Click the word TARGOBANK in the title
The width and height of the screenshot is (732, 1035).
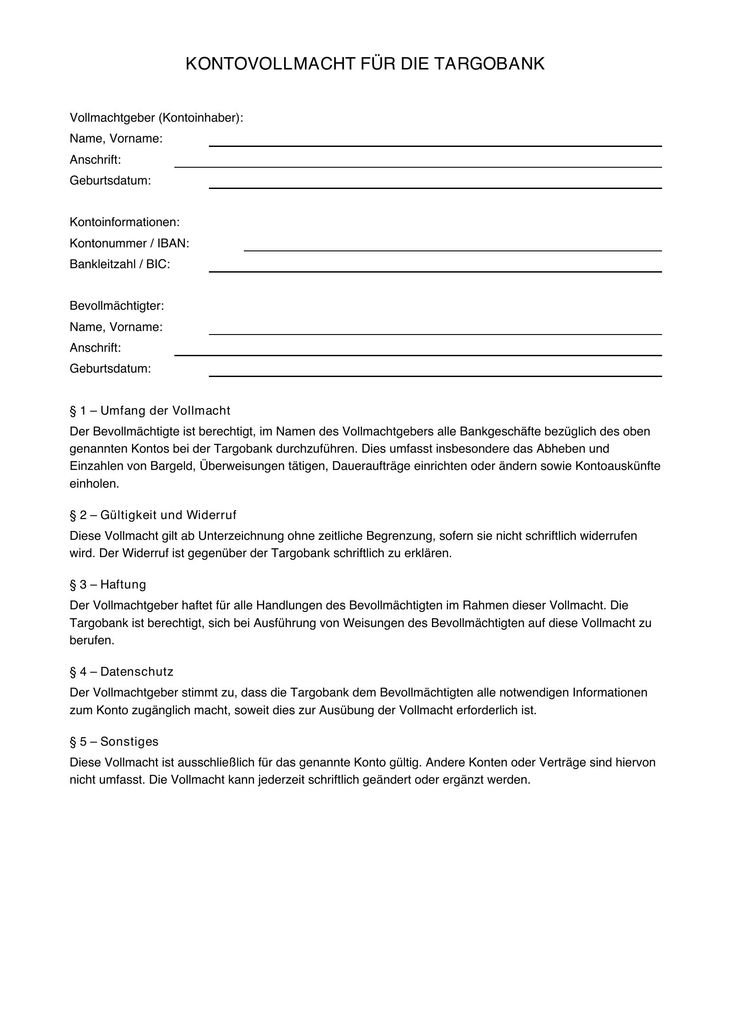(489, 64)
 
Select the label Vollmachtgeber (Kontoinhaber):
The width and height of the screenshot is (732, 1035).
(156, 118)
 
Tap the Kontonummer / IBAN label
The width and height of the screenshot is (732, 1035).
(129, 243)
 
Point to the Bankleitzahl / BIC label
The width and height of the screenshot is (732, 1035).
(119, 264)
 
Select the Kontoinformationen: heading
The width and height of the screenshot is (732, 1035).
(124, 222)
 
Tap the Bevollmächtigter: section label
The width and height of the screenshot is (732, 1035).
(117, 306)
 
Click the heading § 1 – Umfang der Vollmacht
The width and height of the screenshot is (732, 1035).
(150, 411)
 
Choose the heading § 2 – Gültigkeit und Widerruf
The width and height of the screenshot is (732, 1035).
(153, 515)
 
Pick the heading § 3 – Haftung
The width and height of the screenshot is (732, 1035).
(108, 585)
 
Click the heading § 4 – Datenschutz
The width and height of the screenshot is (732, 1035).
(121, 672)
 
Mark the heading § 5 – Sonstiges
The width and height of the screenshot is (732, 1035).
(114, 742)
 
